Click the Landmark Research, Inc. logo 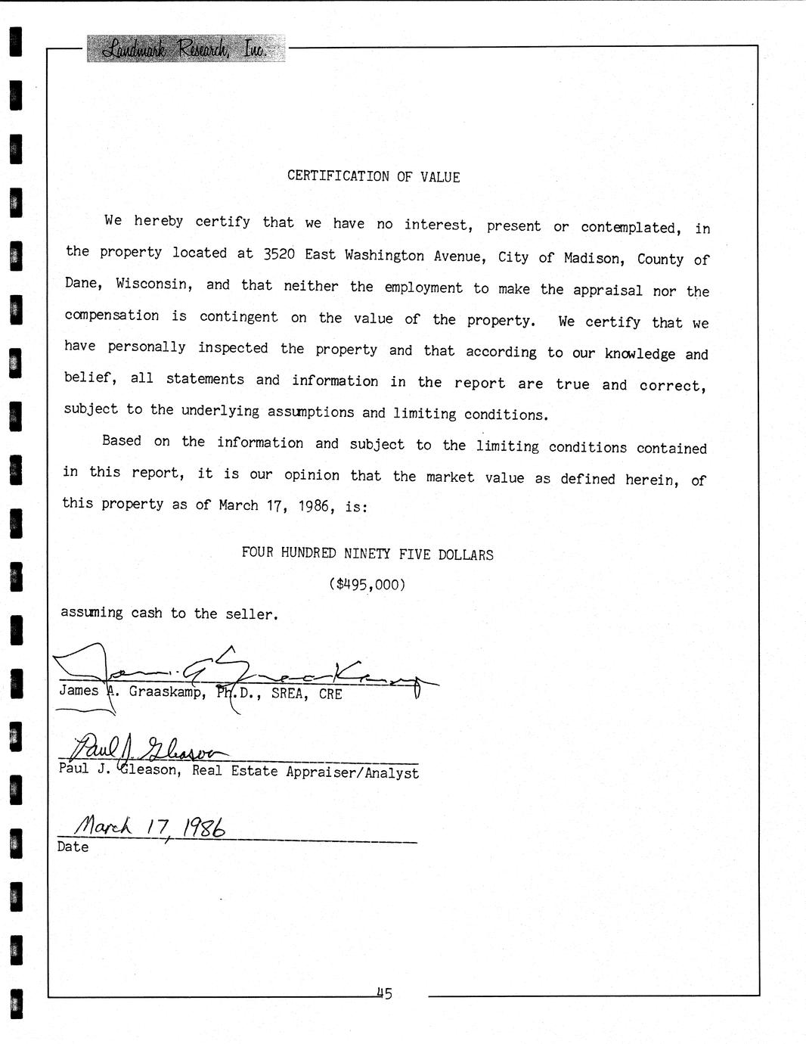tap(185, 48)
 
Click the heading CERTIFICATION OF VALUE tap(374, 176)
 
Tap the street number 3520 tap(279, 254)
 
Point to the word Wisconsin tap(152, 284)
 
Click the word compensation tap(112, 315)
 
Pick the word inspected tap(233, 348)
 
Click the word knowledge tap(640, 354)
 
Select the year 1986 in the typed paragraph tap(314, 505)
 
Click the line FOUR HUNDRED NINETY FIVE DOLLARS tap(367, 554)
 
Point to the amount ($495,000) tap(367, 584)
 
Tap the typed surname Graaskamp tap(165, 691)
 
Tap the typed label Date tap(73, 847)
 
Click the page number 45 tap(384, 993)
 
